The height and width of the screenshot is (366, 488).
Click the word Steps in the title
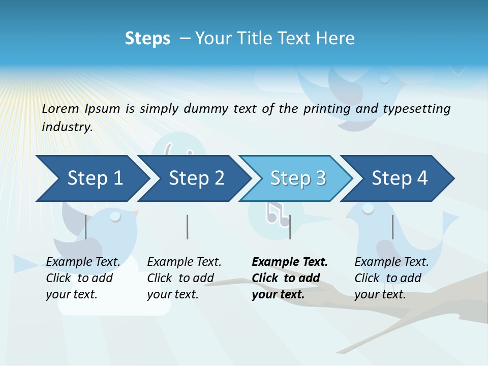tap(147, 39)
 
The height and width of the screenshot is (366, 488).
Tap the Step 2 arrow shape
tap(196, 178)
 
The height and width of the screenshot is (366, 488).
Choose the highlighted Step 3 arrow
tap(298, 178)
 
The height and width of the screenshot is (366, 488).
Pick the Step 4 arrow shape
tap(400, 178)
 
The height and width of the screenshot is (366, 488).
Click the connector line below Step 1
tap(85, 227)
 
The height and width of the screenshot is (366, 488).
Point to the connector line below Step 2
tap(187, 227)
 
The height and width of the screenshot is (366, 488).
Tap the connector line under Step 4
tap(392, 227)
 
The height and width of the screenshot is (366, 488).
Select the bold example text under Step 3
tap(290, 278)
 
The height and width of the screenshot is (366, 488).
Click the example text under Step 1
tap(83, 278)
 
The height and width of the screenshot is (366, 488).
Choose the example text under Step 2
tap(184, 278)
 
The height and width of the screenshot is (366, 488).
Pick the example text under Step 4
tap(391, 278)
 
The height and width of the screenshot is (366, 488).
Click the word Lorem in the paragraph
tap(60, 108)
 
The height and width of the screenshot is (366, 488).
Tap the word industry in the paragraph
tap(67, 127)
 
